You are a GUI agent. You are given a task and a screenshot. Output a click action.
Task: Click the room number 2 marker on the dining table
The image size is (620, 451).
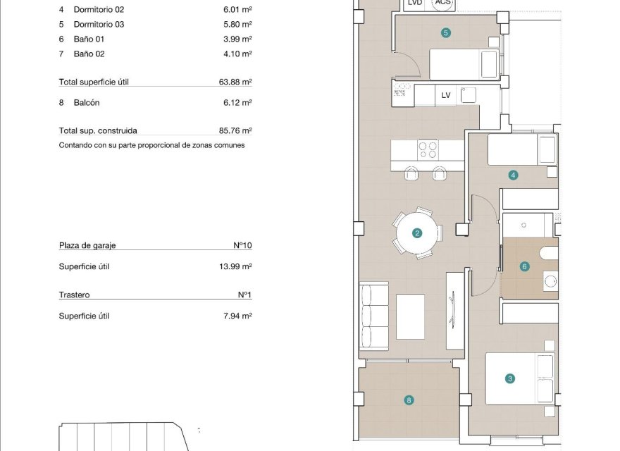pos(417,233)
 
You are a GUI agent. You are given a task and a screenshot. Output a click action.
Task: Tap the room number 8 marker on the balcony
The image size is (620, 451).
pos(409,400)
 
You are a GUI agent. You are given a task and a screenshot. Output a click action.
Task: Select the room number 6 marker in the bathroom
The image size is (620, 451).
pos(524,266)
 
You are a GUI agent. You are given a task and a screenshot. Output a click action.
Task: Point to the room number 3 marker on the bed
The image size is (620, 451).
pos(510,378)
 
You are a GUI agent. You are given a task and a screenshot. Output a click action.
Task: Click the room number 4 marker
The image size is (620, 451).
pos(514,175)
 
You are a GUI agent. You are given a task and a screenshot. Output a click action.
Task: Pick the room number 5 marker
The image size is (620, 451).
pos(445,32)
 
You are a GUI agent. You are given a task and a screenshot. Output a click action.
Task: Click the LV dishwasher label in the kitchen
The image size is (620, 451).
pos(445,95)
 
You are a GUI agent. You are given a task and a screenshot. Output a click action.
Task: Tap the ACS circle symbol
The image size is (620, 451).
pos(443,4)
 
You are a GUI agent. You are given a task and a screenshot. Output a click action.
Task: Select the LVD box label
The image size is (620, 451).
pos(415,4)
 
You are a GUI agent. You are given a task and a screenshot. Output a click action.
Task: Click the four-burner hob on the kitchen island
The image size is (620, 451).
pos(428,149)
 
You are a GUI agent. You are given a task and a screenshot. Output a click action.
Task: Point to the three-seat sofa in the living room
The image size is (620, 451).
pos(374,315)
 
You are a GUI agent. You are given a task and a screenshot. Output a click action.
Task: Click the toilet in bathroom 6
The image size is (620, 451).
pos(547,253)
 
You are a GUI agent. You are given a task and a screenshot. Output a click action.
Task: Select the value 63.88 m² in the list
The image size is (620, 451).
pos(235,82)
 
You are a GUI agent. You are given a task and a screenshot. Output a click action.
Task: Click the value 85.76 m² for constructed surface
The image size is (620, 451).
pos(235,130)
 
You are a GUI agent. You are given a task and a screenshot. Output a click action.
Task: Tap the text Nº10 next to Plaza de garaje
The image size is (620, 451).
pos(242,245)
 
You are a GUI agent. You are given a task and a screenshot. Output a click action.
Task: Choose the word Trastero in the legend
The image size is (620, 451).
pos(74,295)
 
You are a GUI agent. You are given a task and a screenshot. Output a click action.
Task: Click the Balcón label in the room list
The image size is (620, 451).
pos(86,102)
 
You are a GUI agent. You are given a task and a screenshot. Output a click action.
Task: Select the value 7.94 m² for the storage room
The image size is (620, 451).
pos(237,316)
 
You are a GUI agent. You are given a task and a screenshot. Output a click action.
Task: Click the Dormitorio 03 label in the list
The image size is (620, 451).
pos(99,24)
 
